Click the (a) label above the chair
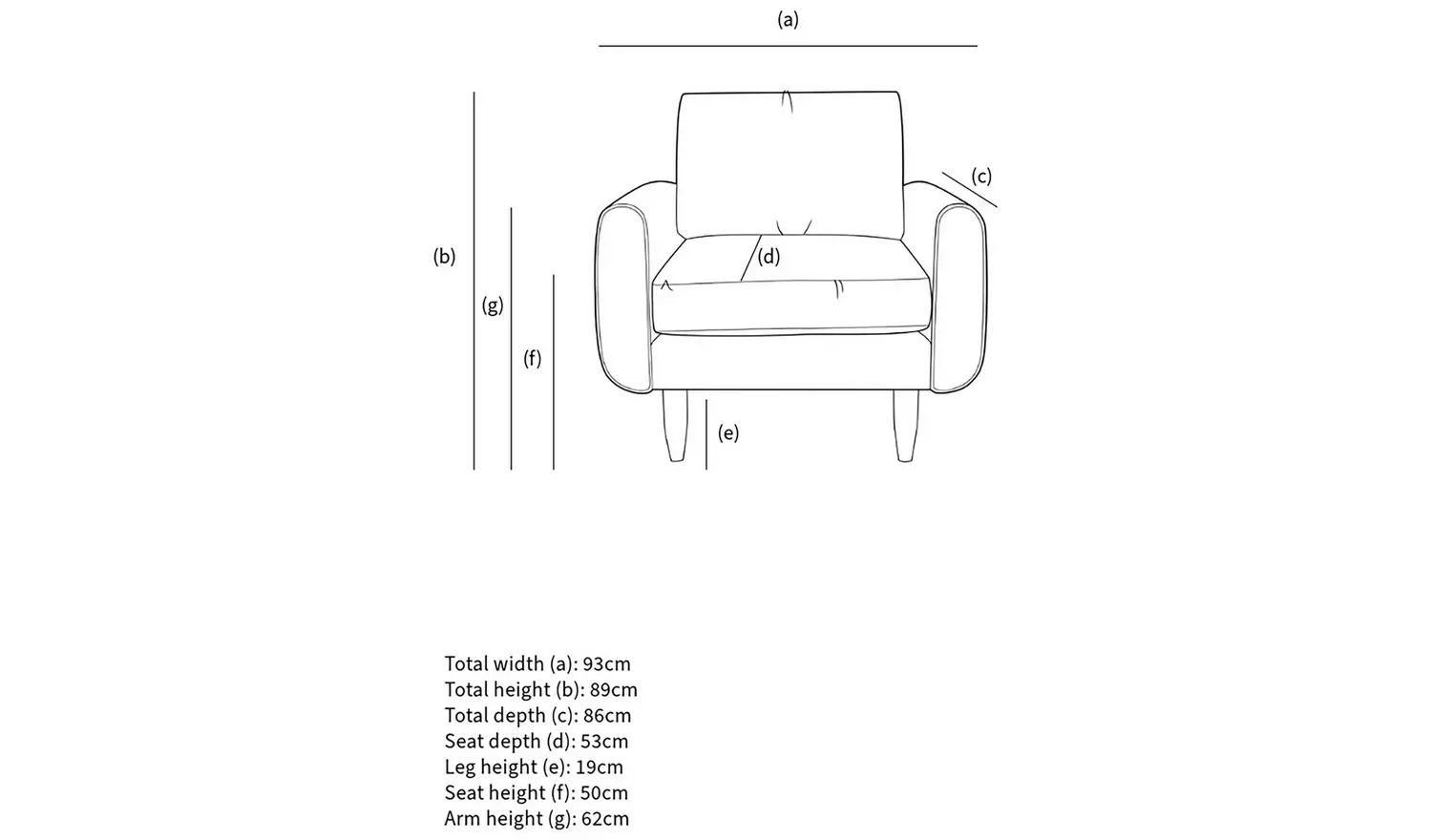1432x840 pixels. (x=788, y=20)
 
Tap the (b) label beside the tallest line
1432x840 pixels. (x=444, y=256)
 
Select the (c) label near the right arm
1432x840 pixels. (x=981, y=177)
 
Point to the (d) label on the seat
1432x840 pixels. (x=769, y=256)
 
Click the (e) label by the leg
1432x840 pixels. (x=728, y=433)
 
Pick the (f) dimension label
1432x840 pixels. (x=532, y=358)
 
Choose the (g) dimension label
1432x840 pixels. (x=492, y=305)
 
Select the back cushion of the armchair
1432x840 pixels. (x=790, y=162)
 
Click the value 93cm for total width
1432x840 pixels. (x=606, y=663)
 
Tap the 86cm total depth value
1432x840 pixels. (x=606, y=715)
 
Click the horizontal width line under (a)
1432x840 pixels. (x=788, y=46)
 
